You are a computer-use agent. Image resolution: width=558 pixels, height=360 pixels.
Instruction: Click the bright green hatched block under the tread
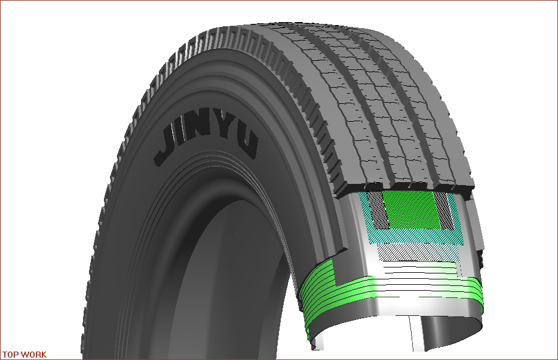tap(409, 210)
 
